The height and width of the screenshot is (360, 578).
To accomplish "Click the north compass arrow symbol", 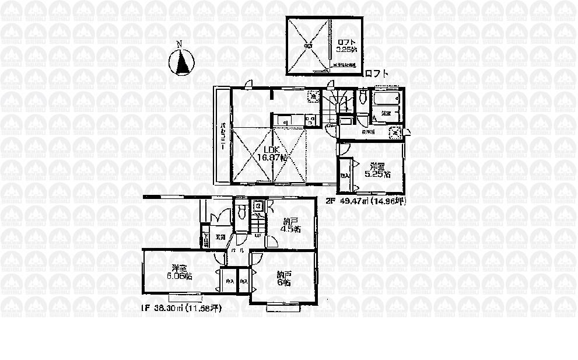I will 182,62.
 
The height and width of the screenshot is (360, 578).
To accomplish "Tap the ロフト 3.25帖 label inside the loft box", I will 346,46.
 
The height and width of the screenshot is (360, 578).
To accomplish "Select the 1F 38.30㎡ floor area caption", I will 180,306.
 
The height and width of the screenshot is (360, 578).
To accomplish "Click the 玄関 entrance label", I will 220,237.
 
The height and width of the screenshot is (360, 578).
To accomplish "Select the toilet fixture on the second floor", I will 363,95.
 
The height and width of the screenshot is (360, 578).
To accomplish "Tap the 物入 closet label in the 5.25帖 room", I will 345,176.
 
